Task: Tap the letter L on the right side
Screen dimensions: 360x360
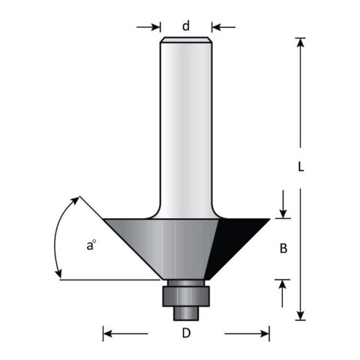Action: (x=301, y=168)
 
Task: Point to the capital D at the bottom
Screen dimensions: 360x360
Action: (x=186, y=333)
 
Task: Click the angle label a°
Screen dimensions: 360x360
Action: (x=91, y=245)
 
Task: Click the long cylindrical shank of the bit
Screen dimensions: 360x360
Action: (x=186, y=120)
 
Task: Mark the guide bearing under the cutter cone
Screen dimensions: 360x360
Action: (x=184, y=294)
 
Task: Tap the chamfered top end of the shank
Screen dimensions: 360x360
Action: (x=186, y=40)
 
